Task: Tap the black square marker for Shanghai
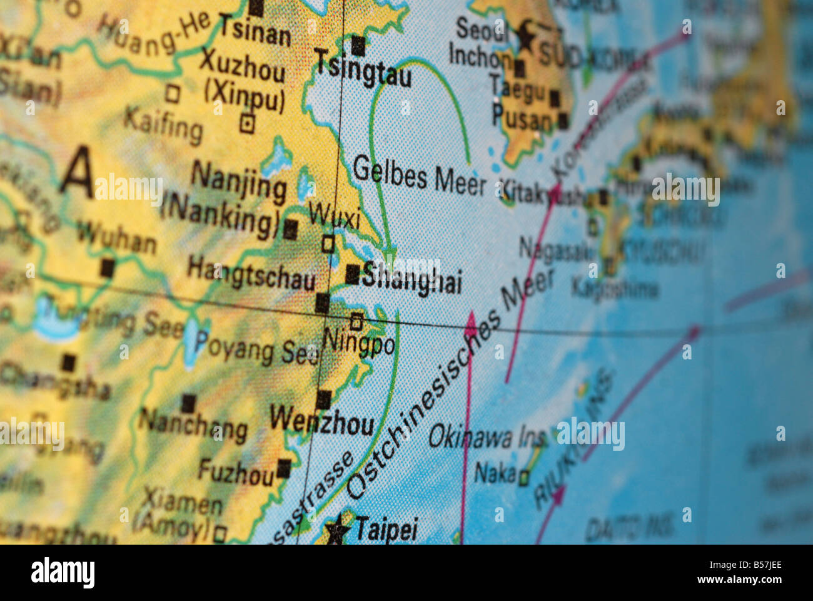(353, 274)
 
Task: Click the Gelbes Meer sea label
(419, 176)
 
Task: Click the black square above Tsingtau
(358, 46)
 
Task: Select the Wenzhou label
(322, 421)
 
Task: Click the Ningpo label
(358, 342)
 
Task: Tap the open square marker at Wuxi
(328, 243)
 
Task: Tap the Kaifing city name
(163, 125)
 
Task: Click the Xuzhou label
(242, 65)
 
